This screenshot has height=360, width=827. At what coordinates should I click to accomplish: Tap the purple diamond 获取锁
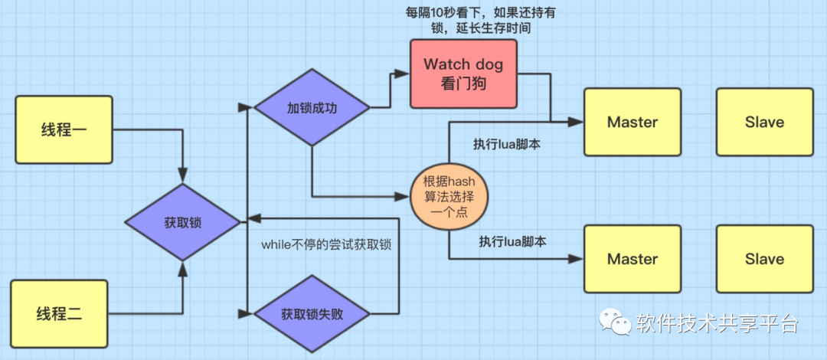click(x=183, y=222)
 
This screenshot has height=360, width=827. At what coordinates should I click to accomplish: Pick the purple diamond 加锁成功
click(x=311, y=107)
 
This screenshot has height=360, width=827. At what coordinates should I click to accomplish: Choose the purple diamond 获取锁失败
click(x=311, y=314)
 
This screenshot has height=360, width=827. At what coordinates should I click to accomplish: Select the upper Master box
click(x=633, y=123)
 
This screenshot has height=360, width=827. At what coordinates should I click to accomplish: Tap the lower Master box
click(x=633, y=259)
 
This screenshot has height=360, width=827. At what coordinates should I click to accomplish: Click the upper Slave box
click(x=764, y=123)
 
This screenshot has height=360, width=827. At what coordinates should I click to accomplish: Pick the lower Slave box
click(x=764, y=259)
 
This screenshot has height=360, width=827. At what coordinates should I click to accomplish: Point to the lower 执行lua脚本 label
click(x=512, y=241)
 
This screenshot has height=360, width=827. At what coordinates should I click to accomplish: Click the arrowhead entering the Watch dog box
click(x=404, y=74)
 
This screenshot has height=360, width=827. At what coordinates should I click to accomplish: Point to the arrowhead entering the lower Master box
click(x=578, y=260)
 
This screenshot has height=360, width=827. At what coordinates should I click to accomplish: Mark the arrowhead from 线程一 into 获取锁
click(x=183, y=176)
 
